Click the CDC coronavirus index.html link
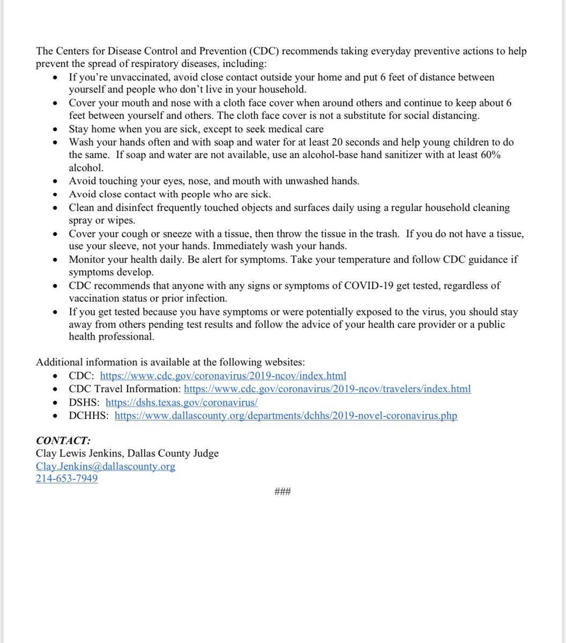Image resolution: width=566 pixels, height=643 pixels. (x=223, y=375)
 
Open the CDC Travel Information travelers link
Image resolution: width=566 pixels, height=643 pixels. (x=327, y=388)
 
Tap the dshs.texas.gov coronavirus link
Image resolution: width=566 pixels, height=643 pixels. (x=182, y=402)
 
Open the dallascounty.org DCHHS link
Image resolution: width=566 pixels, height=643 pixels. (x=286, y=415)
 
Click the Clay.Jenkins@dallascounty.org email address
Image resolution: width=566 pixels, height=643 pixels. (x=106, y=466)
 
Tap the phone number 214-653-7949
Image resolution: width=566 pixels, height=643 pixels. (x=67, y=478)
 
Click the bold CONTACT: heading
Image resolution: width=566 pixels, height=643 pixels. (x=63, y=440)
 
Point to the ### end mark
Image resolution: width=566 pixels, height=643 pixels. (x=282, y=491)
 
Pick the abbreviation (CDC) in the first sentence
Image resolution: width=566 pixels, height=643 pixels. (x=263, y=51)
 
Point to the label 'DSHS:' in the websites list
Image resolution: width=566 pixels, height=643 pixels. (x=84, y=402)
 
